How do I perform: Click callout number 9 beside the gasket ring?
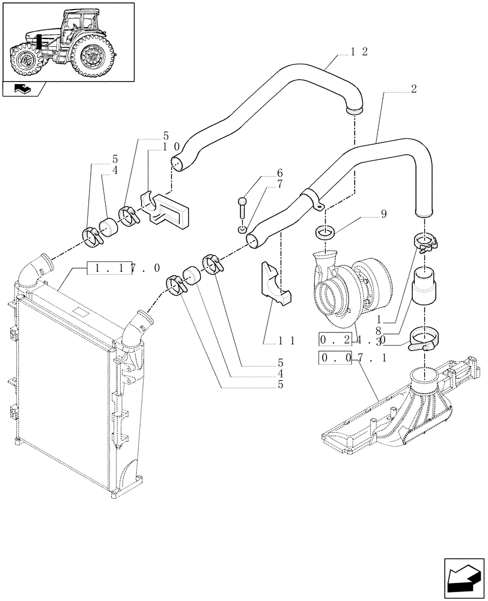pyautogui.click(x=383, y=214)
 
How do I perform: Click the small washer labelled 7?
pyautogui.click(x=242, y=229)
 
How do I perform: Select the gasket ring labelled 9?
pyautogui.click(x=325, y=233)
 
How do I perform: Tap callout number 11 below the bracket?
pyautogui.click(x=286, y=340)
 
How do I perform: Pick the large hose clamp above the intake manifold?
pyautogui.click(x=423, y=341)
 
